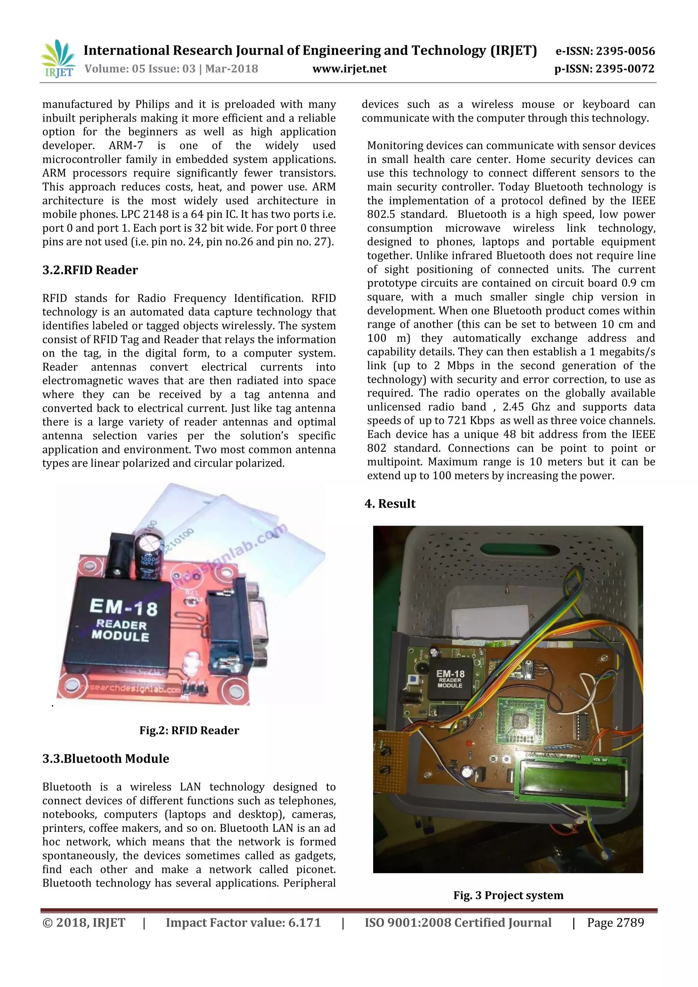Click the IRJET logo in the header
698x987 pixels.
58,59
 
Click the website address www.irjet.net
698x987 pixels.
349,69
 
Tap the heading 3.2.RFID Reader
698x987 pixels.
90,270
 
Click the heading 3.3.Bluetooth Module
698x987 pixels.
106,758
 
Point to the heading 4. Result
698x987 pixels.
390,504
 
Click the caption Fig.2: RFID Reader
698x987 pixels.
189,730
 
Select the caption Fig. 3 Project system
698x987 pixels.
508,895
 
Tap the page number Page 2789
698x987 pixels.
616,923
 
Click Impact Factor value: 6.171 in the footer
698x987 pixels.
243,923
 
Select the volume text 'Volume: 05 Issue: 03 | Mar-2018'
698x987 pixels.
171,69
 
